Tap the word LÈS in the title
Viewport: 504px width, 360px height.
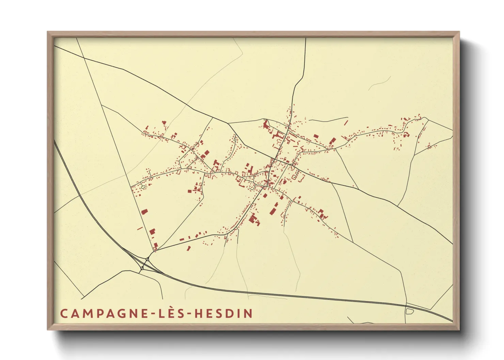tap(172, 313)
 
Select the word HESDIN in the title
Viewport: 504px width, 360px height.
tap(223, 313)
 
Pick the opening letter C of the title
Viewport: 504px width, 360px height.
tap(64, 313)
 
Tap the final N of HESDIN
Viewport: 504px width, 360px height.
tap(249, 313)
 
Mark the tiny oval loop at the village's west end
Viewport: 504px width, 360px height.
tap(143, 186)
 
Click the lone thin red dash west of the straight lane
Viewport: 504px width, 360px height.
tap(140, 228)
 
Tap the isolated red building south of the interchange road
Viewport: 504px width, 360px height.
tap(189, 249)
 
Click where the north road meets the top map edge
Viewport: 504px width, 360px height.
tap(305, 38)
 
